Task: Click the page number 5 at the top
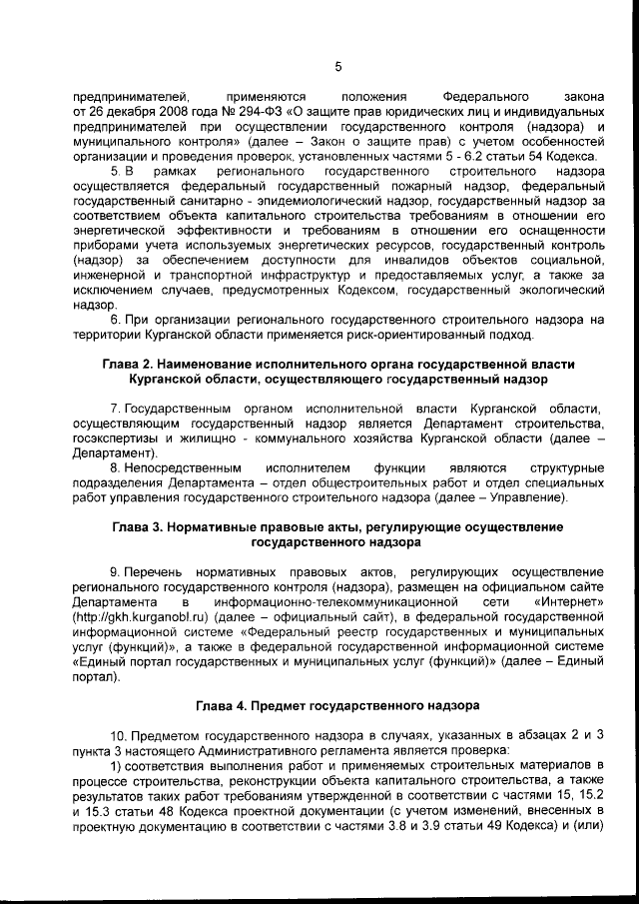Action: coord(337,67)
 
